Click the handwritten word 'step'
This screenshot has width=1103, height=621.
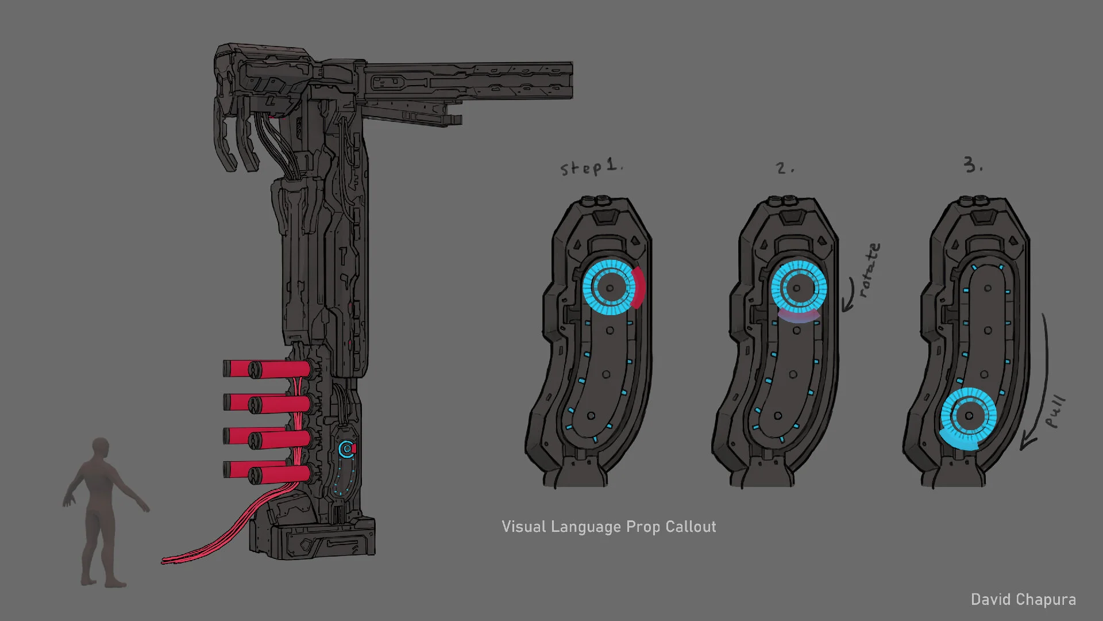[581, 168]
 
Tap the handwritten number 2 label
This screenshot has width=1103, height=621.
[782, 168]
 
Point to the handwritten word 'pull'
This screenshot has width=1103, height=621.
[1056, 412]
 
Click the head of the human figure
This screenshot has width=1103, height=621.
[101, 448]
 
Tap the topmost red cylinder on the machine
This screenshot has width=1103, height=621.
[267, 369]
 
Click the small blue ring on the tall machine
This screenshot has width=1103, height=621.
[346, 449]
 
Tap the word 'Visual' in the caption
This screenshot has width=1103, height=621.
[524, 527]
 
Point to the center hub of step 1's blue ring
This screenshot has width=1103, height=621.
[610, 288]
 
